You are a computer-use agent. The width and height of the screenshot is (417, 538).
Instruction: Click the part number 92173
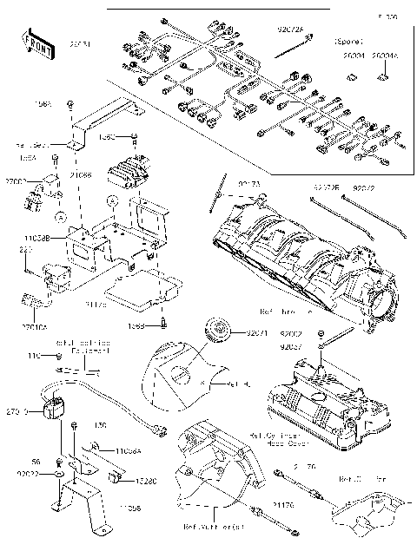click(x=250, y=186)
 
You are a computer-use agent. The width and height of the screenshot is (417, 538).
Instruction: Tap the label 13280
click(x=145, y=477)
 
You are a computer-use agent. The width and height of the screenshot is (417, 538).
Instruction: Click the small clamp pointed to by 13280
click(x=114, y=479)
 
